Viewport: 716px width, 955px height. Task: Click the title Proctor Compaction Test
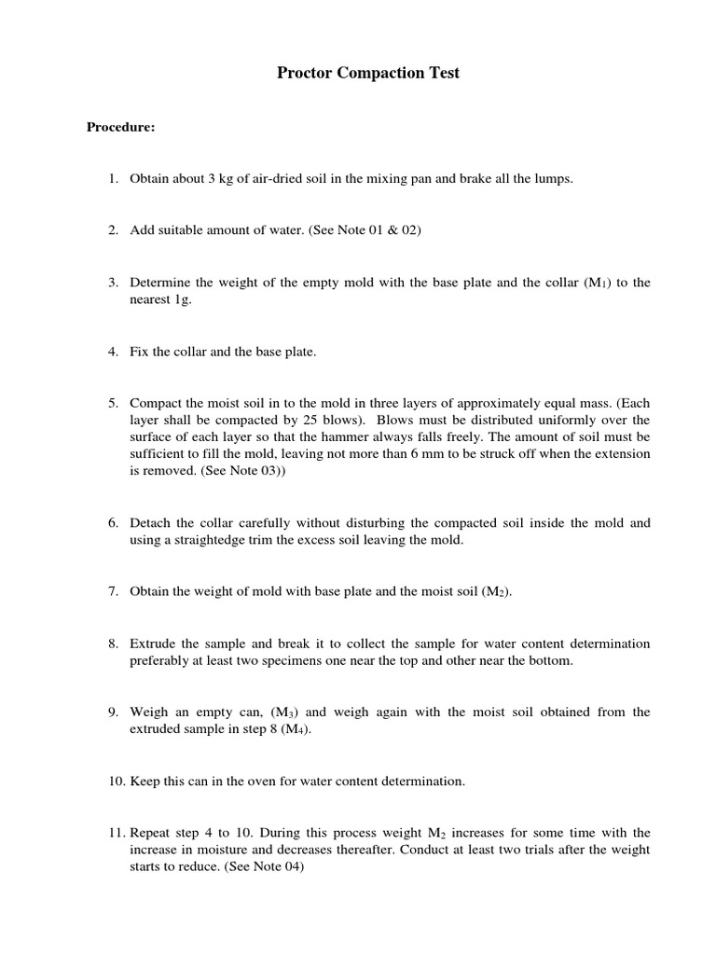368,74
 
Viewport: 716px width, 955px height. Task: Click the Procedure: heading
120,127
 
